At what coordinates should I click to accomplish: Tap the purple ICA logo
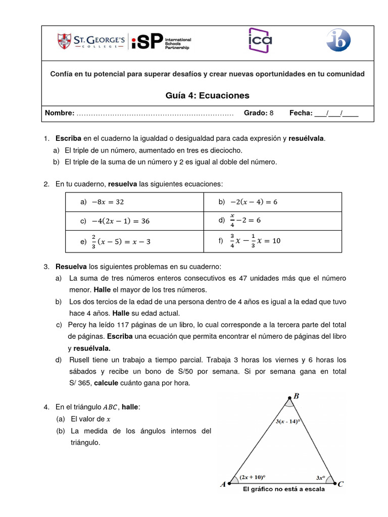coord(260,40)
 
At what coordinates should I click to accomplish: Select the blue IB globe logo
coord(337,40)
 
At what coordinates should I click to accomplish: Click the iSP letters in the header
coord(147,41)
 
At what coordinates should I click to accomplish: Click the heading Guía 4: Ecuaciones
coord(207,95)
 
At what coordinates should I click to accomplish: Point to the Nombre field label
coord(60,113)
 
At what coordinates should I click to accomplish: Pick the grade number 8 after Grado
coord(271,113)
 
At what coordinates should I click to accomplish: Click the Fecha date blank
coord(336,113)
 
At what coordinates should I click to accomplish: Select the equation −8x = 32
coord(107,202)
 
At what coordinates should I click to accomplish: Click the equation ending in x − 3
coord(121,242)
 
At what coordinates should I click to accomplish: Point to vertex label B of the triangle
coord(296,396)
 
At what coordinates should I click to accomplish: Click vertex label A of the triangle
coord(223,485)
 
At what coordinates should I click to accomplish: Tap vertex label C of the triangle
coord(341,484)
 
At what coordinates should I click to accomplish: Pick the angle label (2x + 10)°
coord(253,477)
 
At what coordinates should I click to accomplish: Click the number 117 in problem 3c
coord(124,325)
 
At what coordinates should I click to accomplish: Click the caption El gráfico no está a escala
coord(283,489)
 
